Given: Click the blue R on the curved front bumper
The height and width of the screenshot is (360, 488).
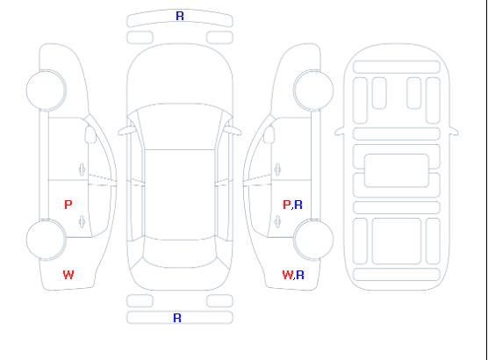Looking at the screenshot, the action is [180, 16].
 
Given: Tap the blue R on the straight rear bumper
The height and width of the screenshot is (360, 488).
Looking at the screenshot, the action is [177, 318].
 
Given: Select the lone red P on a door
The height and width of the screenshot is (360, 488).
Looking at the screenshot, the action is [68, 205].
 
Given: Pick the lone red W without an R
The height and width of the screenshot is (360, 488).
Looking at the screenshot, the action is [68, 275].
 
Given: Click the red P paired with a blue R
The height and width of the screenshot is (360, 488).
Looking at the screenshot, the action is [287, 205].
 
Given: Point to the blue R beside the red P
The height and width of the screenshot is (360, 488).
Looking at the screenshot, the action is [298, 205].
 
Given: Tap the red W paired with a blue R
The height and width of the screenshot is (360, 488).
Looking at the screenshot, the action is [288, 275].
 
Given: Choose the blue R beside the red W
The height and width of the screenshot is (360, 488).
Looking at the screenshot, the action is [300, 275].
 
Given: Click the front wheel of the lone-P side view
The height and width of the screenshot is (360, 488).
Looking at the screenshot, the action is [46, 90].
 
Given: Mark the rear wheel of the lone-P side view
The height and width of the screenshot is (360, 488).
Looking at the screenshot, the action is [46, 240].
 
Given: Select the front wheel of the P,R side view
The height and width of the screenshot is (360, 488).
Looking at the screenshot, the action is [313, 90].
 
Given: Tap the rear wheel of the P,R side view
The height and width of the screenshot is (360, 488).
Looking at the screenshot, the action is [313, 240].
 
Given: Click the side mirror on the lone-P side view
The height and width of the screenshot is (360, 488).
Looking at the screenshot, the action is [90, 134].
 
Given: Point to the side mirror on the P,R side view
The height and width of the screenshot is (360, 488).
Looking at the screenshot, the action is [269, 134].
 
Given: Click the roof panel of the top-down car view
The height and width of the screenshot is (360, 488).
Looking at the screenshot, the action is [180, 195].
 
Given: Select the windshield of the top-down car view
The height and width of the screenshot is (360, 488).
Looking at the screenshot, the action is [180, 126].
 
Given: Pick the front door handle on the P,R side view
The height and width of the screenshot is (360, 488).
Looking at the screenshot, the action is [277, 169].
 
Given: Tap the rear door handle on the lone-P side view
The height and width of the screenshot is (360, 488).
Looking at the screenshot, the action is [82, 221].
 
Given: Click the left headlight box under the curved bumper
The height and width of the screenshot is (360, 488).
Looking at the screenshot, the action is [140, 38].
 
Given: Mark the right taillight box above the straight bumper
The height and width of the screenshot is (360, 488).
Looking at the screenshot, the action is [219, 301].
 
